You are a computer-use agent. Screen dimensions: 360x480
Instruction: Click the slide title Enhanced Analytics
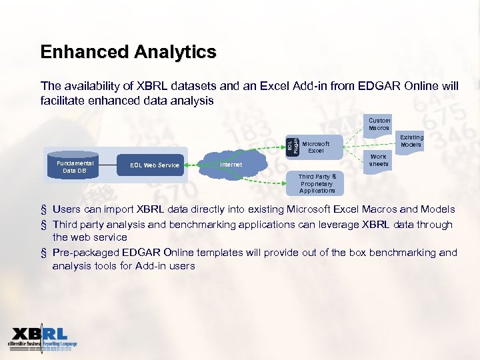click(128, 52)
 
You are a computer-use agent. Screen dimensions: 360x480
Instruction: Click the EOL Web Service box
click(155, 165)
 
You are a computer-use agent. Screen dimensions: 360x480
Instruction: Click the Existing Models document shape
click(411, 141)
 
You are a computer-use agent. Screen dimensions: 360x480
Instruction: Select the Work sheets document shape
click(378, 160)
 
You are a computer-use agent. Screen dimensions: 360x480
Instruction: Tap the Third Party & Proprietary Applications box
click(317, 183)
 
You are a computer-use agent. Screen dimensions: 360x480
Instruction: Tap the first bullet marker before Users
click(43, 210)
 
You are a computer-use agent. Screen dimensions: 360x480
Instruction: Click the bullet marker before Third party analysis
click(43, 225)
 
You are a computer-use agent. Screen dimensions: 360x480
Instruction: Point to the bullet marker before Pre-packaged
click(43, 253)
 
